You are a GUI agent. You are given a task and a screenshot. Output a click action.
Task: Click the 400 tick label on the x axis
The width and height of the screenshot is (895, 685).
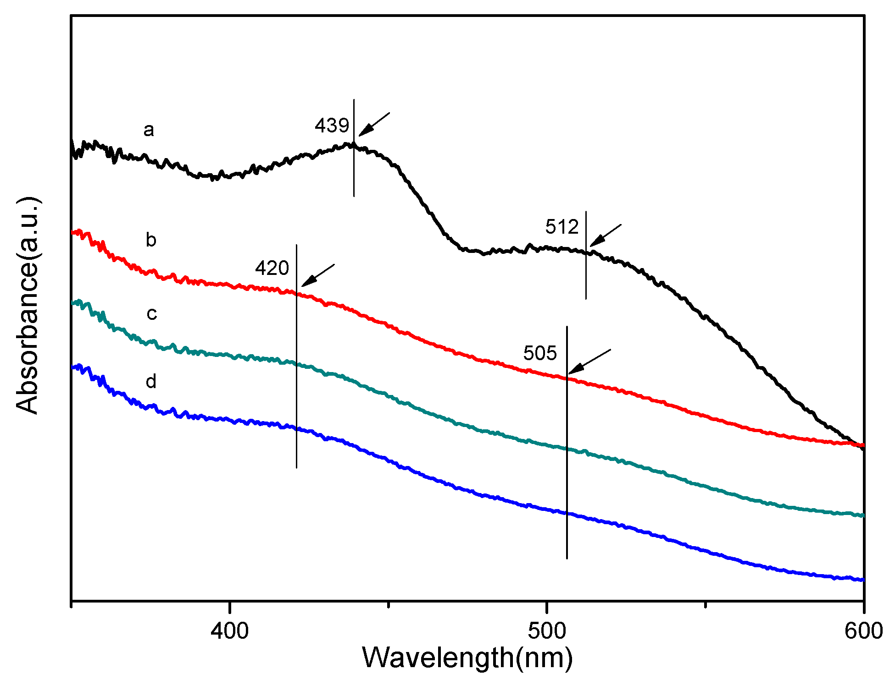tap(229, 631)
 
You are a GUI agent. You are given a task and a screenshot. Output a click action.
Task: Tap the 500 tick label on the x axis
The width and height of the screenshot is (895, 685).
tap(547, 631)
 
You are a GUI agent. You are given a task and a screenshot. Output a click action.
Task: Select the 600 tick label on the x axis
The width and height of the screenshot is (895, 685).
tap(864, 631)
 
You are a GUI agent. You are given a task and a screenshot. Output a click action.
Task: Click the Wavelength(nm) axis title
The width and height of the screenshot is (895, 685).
tap(467, 658)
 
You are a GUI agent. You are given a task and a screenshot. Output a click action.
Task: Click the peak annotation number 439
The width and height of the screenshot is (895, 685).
tap(332, 126)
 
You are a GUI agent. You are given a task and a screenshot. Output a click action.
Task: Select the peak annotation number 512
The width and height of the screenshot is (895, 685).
tap(562, 227)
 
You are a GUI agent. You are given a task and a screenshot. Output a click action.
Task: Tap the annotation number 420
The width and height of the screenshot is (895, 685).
tap(272, 268)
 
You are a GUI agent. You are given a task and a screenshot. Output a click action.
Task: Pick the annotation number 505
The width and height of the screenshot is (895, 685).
tap(540, 353)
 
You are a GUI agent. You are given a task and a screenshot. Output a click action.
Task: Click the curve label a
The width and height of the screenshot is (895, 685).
tap(149, 130)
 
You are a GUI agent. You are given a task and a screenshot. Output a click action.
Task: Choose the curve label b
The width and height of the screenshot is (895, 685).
tap(151, 240)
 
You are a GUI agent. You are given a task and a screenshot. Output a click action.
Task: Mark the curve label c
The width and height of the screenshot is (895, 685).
tap(151, 314)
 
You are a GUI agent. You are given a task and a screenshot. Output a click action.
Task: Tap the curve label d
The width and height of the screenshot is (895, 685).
tap(151, 381)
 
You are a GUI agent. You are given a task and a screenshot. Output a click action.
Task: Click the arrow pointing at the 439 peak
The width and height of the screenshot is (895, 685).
tap(373, 124)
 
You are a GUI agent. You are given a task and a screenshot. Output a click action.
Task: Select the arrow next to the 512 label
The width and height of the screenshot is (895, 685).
tap(605, 236)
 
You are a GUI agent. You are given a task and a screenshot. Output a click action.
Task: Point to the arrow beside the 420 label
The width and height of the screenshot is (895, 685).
tap(318, 275)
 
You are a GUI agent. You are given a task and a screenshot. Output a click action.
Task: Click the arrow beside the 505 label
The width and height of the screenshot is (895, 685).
tap(589, 362)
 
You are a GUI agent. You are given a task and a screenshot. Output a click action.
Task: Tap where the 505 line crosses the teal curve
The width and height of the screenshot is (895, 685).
tap(567, 449)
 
